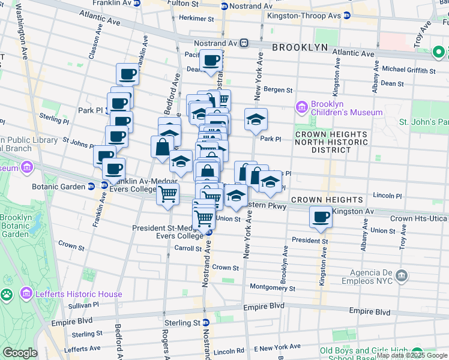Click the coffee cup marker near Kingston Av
(x=321, y=217)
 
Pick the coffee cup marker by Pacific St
(x=211, y=61)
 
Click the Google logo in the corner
(x=19, y=353)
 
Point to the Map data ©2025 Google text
(x=412, y=355)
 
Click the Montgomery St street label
(x=273, y=287)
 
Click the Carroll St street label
(x=188, y=248)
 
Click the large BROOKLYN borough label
(x=300, y=47)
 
